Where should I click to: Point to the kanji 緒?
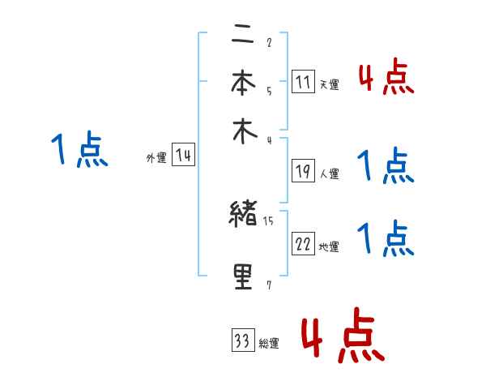click(244, 215)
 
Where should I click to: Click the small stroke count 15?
click(270, 219)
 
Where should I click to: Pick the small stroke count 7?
click(269, 284)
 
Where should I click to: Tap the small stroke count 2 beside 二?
click(269, 42)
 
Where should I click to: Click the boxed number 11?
click(303, 81)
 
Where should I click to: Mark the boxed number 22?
click(303, 243)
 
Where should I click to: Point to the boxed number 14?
click(184, 156)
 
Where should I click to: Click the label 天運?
click(329, 84)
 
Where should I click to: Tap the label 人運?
click(329, 173)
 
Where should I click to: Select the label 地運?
click(329, 246)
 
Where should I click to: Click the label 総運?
click(268, 344)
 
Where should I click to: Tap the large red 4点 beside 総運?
click(342, 335)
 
